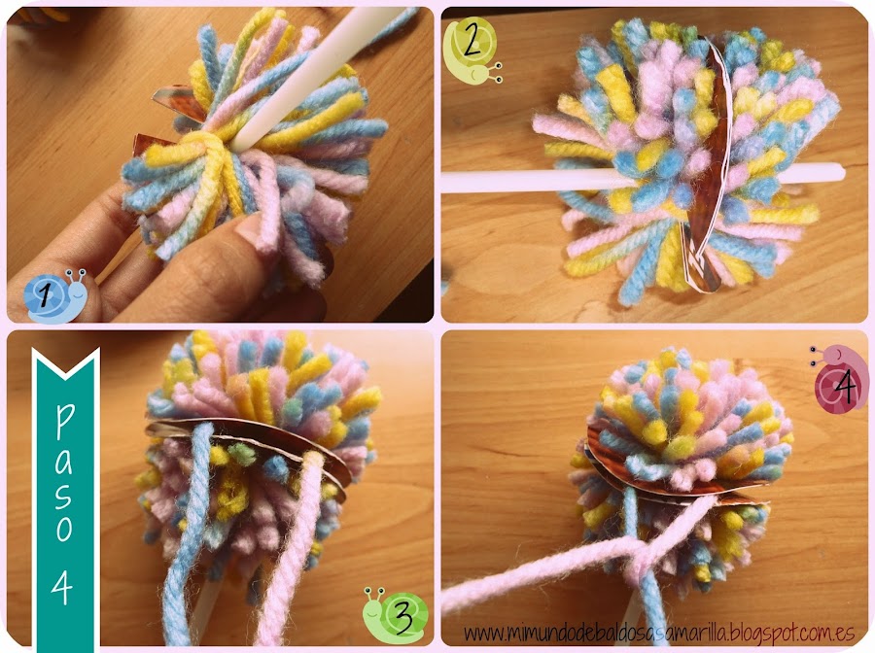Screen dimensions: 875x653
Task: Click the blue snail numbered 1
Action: (x=54, y=296)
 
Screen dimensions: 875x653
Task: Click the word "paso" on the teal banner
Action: (x=65, y=473)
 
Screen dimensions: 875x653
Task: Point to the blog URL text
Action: (x=659, y=633)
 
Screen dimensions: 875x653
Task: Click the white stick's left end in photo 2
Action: (x=443, y=183)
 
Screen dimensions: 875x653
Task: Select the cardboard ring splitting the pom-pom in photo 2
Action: (x=706, y=167)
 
